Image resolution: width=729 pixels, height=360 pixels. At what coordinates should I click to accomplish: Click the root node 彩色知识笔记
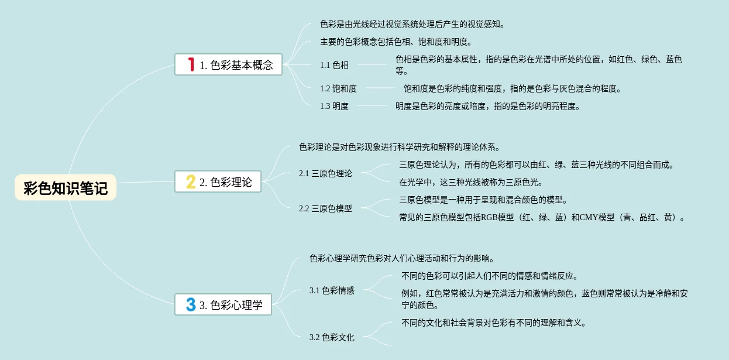(x=66, y=188)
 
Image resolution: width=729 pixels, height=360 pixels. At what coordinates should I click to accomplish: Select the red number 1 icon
(x=191, y=64)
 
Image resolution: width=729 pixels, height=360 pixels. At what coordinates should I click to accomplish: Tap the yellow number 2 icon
(x=191, y=181)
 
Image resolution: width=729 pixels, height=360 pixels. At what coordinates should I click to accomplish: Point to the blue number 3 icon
(x=191, y=304)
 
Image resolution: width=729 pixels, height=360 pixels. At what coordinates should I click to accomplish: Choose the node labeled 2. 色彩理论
(x=225, y=182)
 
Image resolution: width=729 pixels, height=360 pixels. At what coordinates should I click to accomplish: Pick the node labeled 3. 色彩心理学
(x=231, y=305)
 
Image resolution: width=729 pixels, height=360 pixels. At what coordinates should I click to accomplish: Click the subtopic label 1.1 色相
(x=334, y=65)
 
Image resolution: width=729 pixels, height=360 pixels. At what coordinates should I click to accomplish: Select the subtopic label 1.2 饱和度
(x=338, y=88)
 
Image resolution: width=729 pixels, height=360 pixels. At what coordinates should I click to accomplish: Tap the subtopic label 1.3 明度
(x=334, y=106)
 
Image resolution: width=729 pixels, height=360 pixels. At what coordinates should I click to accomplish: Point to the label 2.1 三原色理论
(x=325, y=173)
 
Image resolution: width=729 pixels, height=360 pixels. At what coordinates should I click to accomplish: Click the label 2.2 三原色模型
(x=325, y=208)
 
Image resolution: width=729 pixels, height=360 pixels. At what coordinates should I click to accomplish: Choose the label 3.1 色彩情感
(x=332, y=290)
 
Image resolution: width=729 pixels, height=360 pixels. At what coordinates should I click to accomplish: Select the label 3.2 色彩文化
(x=332, y=337)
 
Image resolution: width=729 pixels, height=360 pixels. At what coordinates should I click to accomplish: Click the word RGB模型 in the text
(x=497, y=217)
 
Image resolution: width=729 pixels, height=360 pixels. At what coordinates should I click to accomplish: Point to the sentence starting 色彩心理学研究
(x=404, y=258)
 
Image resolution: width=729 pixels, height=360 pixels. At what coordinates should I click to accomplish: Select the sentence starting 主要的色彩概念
(x=396, y=42)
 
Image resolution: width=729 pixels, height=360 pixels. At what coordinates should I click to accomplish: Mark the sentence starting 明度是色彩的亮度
(x=487, y=106)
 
